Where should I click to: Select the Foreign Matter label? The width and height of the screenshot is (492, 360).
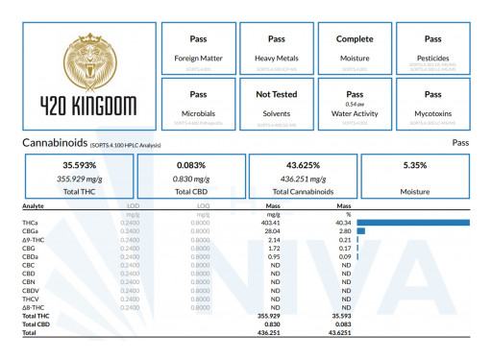tap(198, 58)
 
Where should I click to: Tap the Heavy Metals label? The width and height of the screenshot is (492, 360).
tap(277, 58)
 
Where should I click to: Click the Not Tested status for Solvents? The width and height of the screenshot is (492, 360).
tap(277, 95)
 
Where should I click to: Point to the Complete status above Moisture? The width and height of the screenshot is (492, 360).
tap(355, 39)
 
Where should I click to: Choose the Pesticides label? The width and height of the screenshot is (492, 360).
tap(433, 58)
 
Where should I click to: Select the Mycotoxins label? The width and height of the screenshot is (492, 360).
tap(433, 113)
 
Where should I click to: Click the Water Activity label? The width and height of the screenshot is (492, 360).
tap(355, 113)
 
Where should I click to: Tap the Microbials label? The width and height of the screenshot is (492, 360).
tap(198, 113)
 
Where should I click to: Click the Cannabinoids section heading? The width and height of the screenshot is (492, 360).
tap(56, 142)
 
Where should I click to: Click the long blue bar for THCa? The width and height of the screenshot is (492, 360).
tap(412, 223)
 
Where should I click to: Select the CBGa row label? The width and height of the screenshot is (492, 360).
tap(32, 230)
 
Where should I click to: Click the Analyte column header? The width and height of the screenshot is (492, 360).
tap(35, 205)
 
